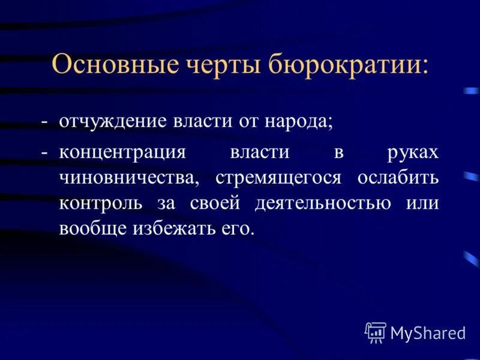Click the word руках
[x=413, y=153]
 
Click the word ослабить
[x=398, y=178]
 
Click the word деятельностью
[x=323, y=204]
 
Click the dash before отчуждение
[x=44, y=122]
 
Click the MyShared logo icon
[x=376, y=332]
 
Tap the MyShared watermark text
[x=428, y=332]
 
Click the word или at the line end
[x=422, y=204]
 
